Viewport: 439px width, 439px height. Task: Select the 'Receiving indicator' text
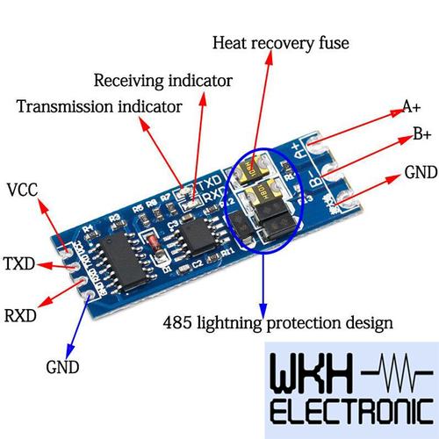[x=162, y=81]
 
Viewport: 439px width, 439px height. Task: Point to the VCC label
[x=22, y=190]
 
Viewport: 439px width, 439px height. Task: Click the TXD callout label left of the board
[x=19, y=263]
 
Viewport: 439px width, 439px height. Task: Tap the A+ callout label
[x=411, y=107]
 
